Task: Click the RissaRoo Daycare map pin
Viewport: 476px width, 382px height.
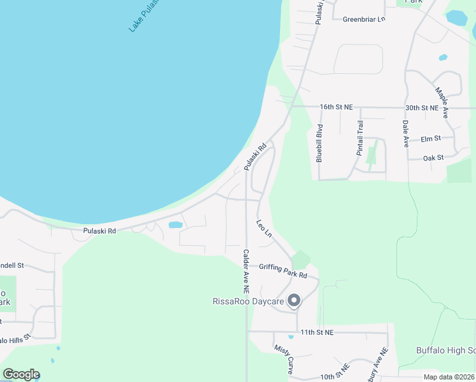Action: [294, 300]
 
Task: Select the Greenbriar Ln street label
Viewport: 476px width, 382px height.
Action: [364, 19]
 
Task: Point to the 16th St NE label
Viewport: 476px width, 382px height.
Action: [336, 108]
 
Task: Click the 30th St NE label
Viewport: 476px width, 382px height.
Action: [423, 108]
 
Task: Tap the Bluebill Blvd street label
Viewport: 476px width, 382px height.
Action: [319, 143]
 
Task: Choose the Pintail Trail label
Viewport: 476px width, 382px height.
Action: [360, 138]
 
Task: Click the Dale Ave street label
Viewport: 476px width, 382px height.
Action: [405, 134]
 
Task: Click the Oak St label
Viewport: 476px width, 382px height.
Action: [433, 157]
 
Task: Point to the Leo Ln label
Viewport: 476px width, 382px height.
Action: [264, 230]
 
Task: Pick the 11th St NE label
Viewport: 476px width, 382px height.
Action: [317, 332]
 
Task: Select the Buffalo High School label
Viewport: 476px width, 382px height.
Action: [445, 350]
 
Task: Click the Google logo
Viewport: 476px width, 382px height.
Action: [22, 374]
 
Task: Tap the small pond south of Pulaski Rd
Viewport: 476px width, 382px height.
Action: [174, 225]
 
